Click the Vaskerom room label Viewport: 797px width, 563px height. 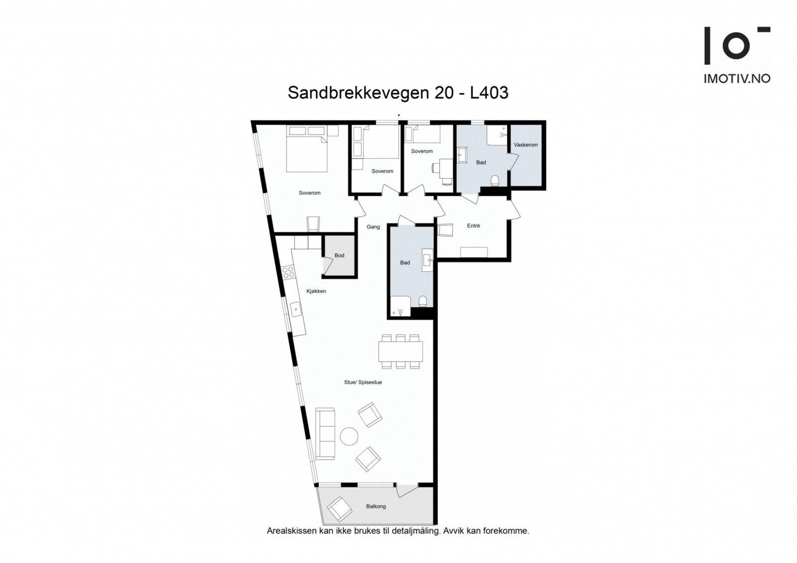tap(526, 145)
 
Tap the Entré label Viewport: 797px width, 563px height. tap(473, 225)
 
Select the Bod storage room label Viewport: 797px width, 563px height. tap(339, 255)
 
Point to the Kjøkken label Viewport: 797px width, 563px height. tap(316, 291)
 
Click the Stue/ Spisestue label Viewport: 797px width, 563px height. tap(363, 382)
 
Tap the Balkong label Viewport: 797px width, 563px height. tap(376, 506)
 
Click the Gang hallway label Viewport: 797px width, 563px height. tap(373, 226)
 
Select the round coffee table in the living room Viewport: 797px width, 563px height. tap(349, 437)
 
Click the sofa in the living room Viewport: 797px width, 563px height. tap(325, 433)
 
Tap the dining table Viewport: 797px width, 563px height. tap(400, 351)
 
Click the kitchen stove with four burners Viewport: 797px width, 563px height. tap(288, 272)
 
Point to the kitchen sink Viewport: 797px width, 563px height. tap(296, 310)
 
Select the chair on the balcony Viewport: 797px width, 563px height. tap(339, 508)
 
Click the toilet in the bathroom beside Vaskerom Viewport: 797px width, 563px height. tap(495, 180)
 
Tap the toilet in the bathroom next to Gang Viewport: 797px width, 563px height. tap(423, 301)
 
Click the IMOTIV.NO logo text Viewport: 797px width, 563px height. tap(737, 78)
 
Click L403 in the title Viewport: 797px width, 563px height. tap(489, 93)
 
